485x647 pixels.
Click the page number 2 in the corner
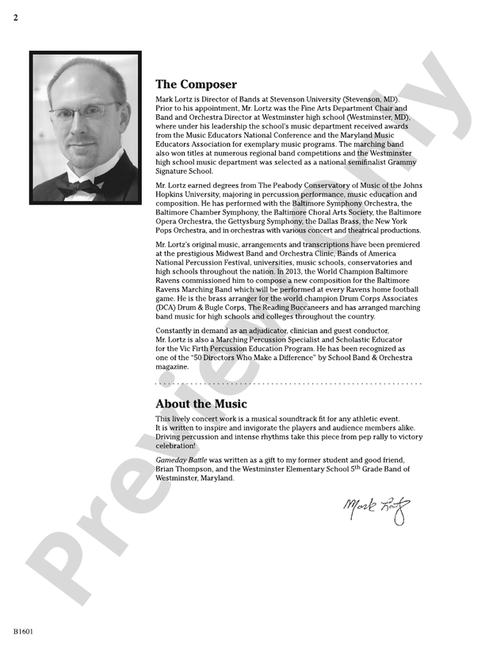pos(15,17)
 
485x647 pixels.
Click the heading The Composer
pos(196,84)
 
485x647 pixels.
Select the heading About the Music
pos(201,404)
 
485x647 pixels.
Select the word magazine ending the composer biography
pos(172,367)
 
